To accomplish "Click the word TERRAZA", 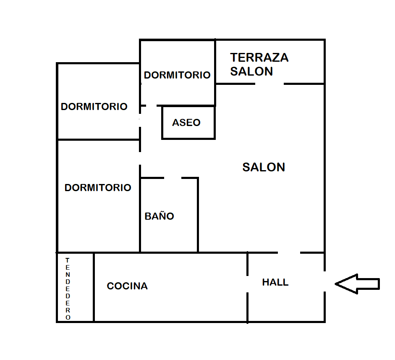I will coord(259,58).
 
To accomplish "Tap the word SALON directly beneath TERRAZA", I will coord(251,71).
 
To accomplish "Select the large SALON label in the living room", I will coord(264,167).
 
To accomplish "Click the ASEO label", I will coord(186,123).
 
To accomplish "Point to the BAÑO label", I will coord(159,216).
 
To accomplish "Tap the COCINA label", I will coord(127,286).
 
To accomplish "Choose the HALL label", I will coord(275,282).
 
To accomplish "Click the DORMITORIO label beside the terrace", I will coord(177,75).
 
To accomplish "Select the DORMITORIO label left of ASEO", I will coord(94,107).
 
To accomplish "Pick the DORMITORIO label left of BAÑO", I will coord(98,188).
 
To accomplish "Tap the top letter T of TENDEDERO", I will coord(67,260).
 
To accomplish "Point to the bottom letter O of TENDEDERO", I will coord(68,318).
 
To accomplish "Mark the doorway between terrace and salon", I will coord(269,84).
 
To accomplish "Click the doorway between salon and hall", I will coord(289,253).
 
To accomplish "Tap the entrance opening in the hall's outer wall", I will coord(324,281).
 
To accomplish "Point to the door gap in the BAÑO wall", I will coord(173,178).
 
